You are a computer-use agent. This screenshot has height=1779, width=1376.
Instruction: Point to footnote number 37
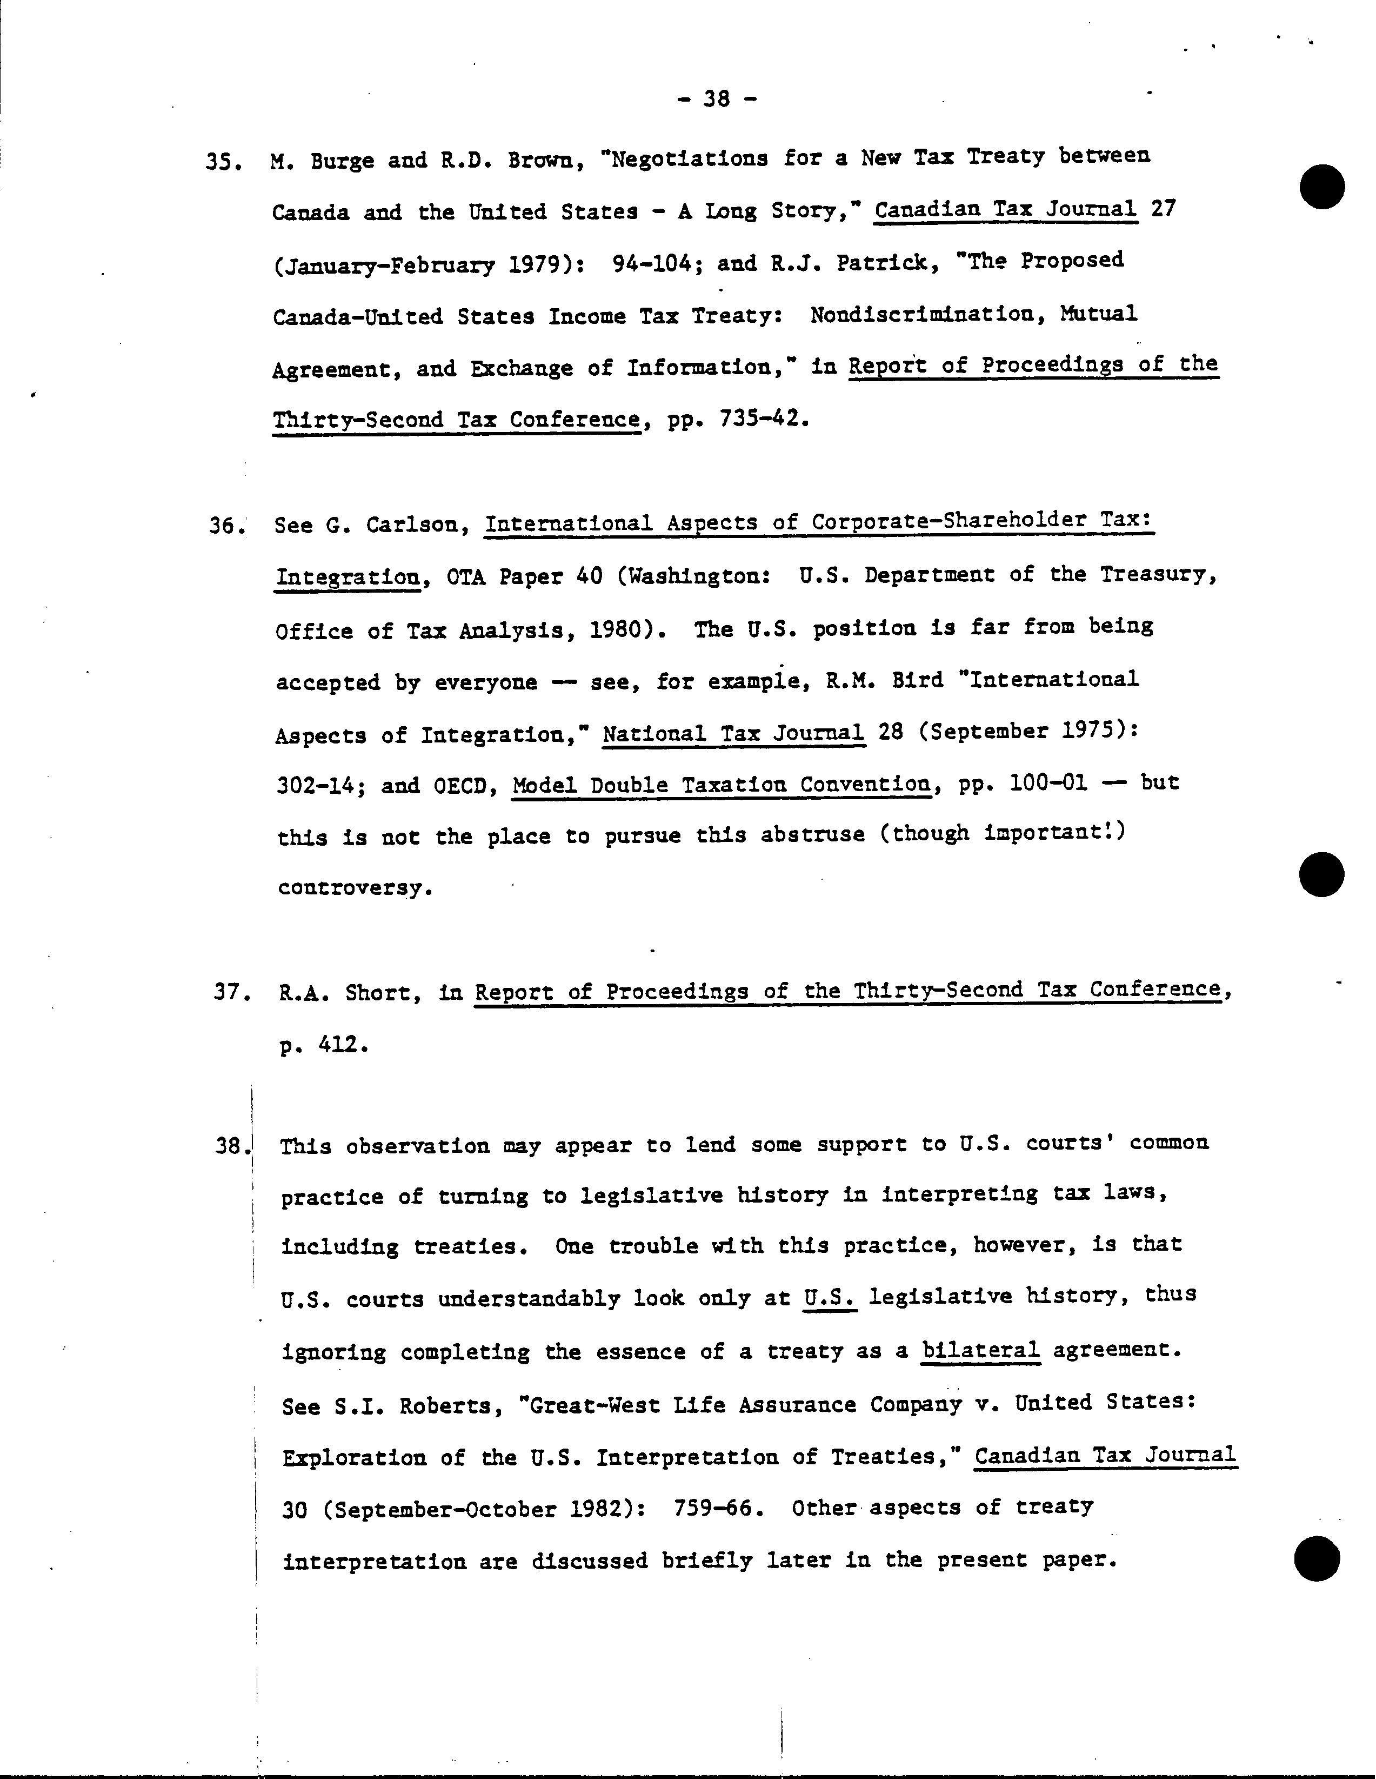[229, 992]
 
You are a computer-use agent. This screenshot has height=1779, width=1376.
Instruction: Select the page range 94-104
[657, 264]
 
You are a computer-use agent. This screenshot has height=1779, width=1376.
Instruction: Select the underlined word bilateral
[980, 1351]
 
